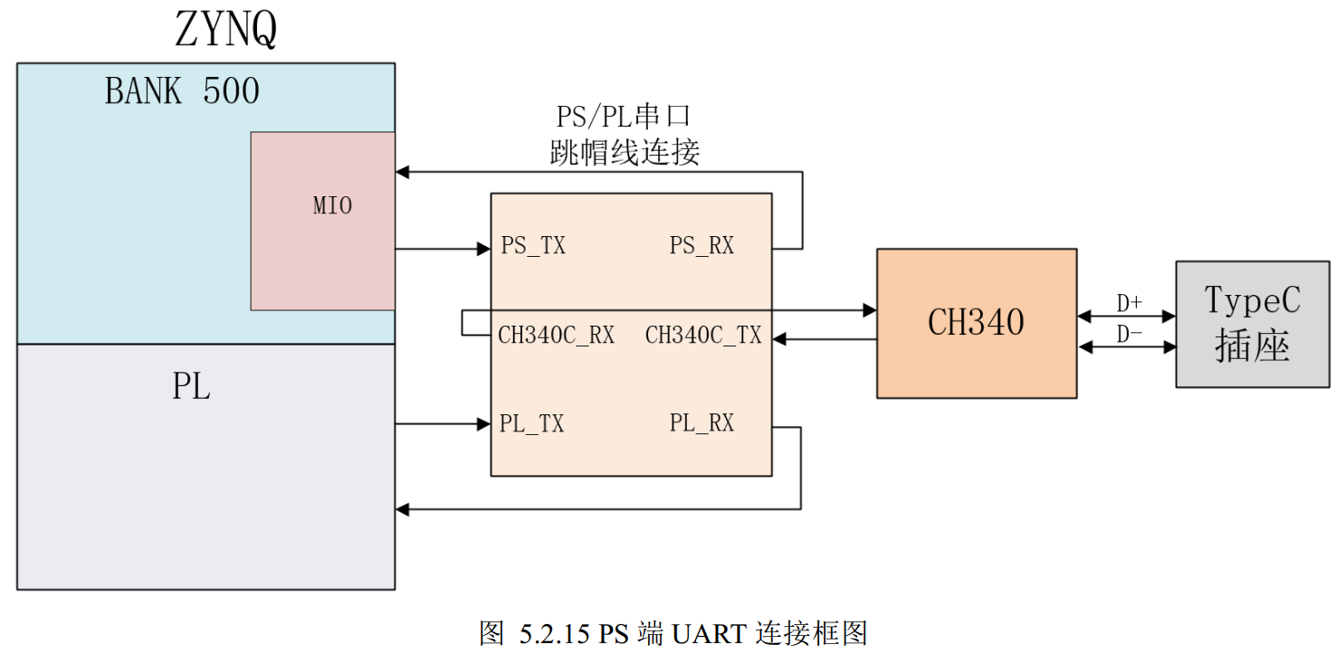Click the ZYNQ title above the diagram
click(x=225, y=29)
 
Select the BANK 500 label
click(x=182, y=90)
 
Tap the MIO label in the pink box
click(x=332, y=205)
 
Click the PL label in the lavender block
click(x=191, y=386)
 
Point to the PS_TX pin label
click(x=532, y=245)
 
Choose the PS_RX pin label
click(x=701, y=245)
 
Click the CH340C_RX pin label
click(x=556, y=335)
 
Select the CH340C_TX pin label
click(x=703, y=335)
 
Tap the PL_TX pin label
click(x=531, y=423)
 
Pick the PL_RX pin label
click(x=701, y=422)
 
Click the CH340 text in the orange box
click(x=976, y=322)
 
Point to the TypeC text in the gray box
click(x=1252, y=300)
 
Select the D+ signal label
click(x=1129, y=303)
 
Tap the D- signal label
click(x=1129, y=334)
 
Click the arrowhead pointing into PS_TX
click(x=483, y=249)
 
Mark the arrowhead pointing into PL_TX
click(x=483, y=424)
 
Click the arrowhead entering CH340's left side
click(x=870, y=310)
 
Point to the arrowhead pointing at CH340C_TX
click(x=779, y=339)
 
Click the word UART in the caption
click(x=709, y=633)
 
